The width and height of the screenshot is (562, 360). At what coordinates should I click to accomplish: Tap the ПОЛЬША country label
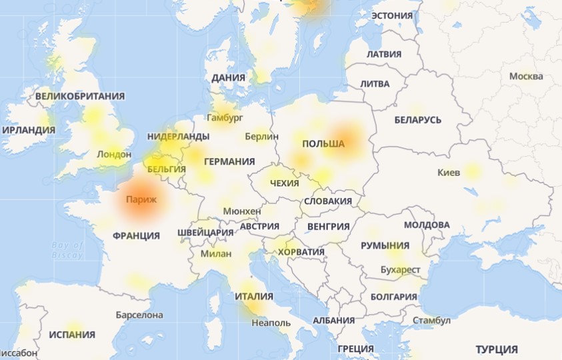point(323,144)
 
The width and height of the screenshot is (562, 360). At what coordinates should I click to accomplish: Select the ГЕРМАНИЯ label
point(229,161)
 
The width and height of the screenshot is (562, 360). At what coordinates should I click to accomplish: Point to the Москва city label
point(526,76)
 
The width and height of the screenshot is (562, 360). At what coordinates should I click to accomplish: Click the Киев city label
point(449,173)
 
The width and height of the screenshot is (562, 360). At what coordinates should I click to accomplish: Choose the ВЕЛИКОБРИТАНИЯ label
point(80,96)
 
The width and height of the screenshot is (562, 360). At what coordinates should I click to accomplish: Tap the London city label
point(114,154)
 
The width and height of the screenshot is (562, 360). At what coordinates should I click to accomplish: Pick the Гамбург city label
point(225,117)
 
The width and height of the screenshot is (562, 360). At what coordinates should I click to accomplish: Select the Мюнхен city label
point(243,211)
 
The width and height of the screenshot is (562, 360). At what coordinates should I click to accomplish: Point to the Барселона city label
point(139,314)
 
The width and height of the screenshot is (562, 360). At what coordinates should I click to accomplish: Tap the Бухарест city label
point(400,270)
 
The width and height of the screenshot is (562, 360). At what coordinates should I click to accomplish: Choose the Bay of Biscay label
point(68,250)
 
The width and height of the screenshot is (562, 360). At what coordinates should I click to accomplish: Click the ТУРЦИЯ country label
point(497,349)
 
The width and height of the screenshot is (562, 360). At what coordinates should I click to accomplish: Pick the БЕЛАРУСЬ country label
point(418,120)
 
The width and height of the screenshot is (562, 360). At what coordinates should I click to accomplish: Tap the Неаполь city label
point(271,323)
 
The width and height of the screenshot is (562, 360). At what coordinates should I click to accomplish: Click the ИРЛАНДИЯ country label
point(29,130)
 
